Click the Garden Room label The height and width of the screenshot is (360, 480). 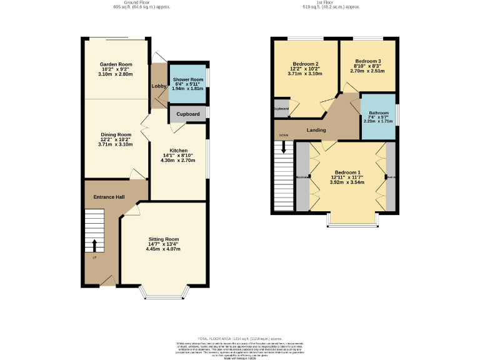pyautogui.click(x=116, y=64)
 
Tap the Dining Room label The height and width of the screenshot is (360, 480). pyautogui.click(x=116, y=134)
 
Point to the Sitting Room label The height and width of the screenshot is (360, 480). pyautogui.click(x=164, y=239)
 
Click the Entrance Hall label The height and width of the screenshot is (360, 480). pyautogui.click(x=109, y=197)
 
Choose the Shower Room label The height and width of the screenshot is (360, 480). pyautogui.click(x=188, y=80)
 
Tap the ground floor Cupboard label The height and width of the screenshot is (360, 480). pyautogui.click(x=187, y=114)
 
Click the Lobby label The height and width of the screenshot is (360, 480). pyautogui.click(x=157, y=86)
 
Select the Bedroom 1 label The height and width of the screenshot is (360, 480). pyautogui.click(x=347, y=172)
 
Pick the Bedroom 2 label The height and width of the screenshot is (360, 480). pyautogui.click(x=306, y=64)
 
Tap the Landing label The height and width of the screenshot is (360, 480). pyautogui.click(x=317, y=130)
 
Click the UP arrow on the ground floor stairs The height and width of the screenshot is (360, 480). pyautogui.click(x=94, y=244)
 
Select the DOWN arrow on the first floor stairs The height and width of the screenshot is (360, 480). pyautogui.click(x=284, y=147)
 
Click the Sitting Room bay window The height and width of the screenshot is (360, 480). pyautogui.click(x=164, y=291)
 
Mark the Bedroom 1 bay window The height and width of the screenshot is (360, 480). pyautogui.click(x=353, y=219)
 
